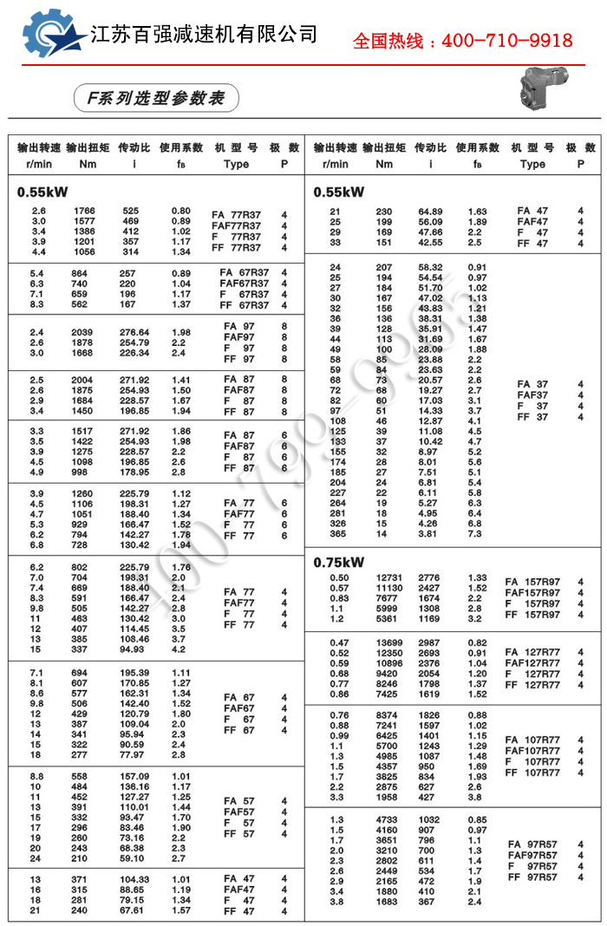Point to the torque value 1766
point(84,211)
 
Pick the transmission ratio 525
point(131,211)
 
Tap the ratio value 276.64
point(134,332)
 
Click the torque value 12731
point(389,577)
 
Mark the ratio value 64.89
point(430,212)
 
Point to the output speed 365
point(336,533)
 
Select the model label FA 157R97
point(532,581)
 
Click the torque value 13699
point(389,642)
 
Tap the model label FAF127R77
point(532,663)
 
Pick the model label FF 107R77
point(532,773)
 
